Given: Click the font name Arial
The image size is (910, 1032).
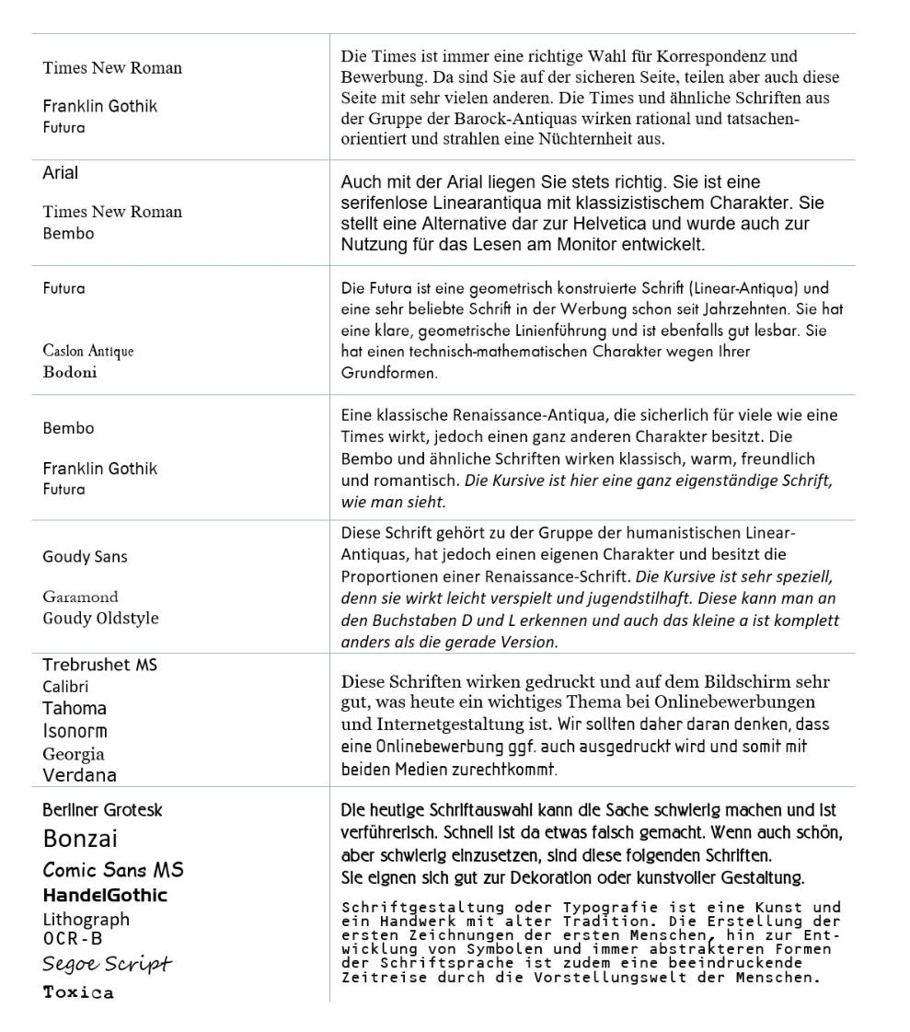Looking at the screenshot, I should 61,173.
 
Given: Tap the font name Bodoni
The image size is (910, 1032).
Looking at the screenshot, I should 70,373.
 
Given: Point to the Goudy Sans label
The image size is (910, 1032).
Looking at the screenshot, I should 86,557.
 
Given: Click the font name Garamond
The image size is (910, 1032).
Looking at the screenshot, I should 81,597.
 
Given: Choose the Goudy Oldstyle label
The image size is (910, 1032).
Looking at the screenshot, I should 100,618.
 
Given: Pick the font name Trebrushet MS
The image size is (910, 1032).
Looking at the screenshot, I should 100,665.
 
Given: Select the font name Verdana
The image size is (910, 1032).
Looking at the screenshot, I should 80,775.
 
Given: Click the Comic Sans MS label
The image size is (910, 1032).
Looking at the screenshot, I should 113,870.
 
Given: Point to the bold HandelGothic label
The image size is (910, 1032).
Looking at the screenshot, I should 105,895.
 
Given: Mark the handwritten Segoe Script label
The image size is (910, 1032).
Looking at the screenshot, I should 108,964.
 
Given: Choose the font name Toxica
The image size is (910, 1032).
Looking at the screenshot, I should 79,992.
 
